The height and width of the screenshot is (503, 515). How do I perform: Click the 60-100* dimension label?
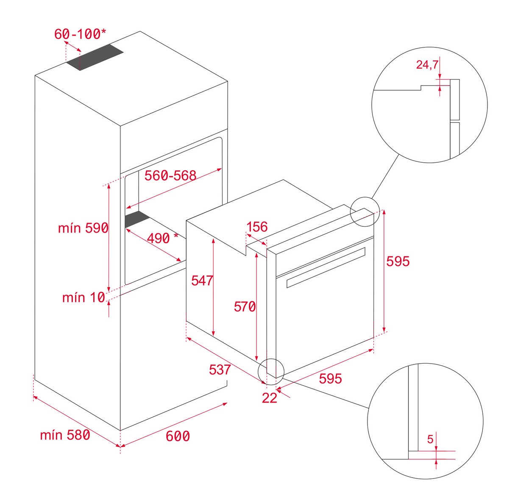coord(80,34)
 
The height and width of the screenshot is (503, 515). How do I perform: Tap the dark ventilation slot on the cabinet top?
coord(95,57)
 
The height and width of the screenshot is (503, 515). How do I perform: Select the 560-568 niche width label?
coord(170,175)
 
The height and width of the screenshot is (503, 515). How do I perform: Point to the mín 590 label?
coord(83,228)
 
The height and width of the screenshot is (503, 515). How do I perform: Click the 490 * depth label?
coord(162,238)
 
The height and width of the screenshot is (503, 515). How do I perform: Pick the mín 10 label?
coord(84,297)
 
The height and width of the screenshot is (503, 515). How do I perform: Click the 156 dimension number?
coord(257,227)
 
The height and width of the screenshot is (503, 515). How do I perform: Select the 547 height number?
coord(202,281)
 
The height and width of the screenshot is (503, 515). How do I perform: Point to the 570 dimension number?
coord(245,307)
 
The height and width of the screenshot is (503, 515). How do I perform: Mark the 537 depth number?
coord(220,370)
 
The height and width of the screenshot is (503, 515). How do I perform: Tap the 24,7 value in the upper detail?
coord(427,64)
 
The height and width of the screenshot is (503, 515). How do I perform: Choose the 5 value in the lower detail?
coord(430,439)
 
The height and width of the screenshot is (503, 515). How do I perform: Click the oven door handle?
coord(326,267)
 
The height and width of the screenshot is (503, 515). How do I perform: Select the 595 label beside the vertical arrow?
coord(398,261)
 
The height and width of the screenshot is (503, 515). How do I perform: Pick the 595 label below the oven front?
coord(330,378)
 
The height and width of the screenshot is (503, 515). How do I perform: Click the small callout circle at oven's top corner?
coord(365,212)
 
